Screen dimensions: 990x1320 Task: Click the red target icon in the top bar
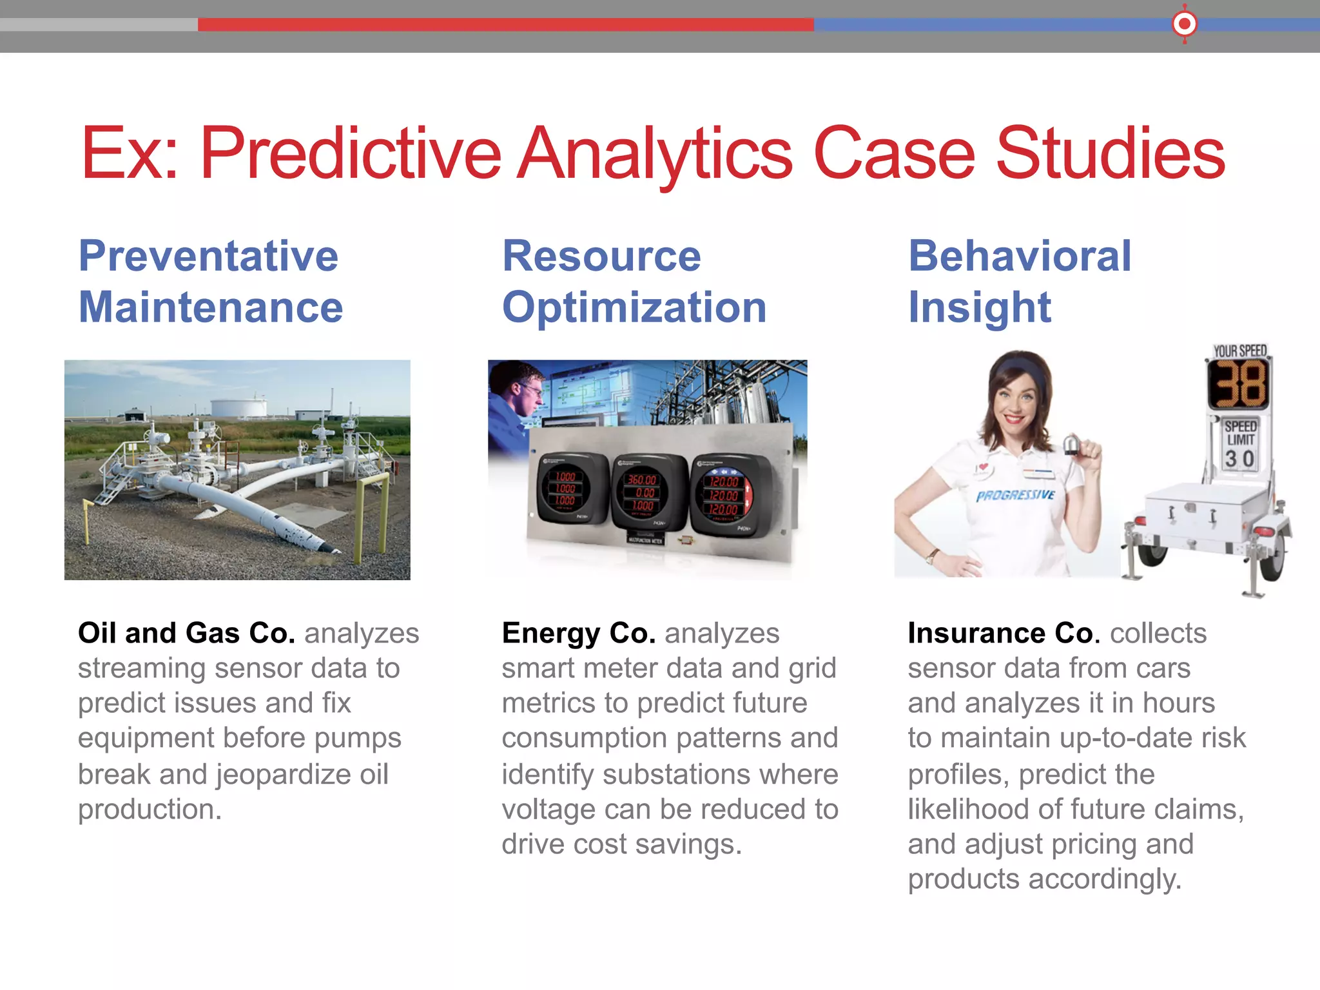point(1184,24)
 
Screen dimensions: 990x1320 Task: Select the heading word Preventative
point(208,256)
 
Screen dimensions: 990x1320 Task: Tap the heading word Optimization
point(634,307)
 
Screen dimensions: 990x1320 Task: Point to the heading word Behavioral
point(1020,256)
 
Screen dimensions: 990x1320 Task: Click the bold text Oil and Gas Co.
point(186,633)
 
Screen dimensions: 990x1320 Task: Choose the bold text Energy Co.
point(578,633)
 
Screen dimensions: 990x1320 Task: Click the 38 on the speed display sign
point(1238,385)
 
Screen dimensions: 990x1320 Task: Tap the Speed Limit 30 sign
point(1240,445)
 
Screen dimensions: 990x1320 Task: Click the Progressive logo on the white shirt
point(1015,496)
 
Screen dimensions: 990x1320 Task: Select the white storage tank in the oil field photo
point(238,407)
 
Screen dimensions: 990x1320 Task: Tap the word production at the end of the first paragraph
point(150,810)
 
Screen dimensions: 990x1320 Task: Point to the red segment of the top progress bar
point(505,24)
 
